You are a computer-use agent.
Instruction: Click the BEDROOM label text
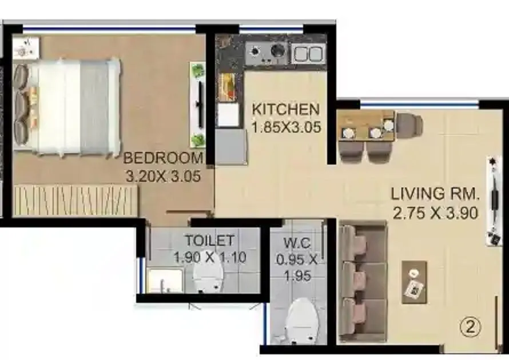(163, 158)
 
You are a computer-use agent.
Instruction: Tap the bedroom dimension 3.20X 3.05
(163, 176)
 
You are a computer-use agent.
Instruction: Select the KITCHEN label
(285, 109)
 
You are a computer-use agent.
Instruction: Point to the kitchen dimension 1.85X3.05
(286, 127)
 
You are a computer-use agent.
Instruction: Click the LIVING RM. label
(436, 194)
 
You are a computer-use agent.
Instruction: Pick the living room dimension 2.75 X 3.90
(436, 213)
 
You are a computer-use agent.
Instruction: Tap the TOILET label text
(209, 240)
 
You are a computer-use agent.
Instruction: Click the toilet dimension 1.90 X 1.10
(209, 257)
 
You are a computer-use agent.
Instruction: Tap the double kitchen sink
(308, 54)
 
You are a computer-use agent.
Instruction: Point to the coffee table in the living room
(414, 282)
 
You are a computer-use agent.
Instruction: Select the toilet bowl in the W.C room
(300, 320)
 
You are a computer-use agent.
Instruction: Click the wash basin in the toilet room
(164, 281)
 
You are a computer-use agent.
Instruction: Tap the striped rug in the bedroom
(76, 200)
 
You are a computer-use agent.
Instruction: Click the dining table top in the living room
(365, 126)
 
